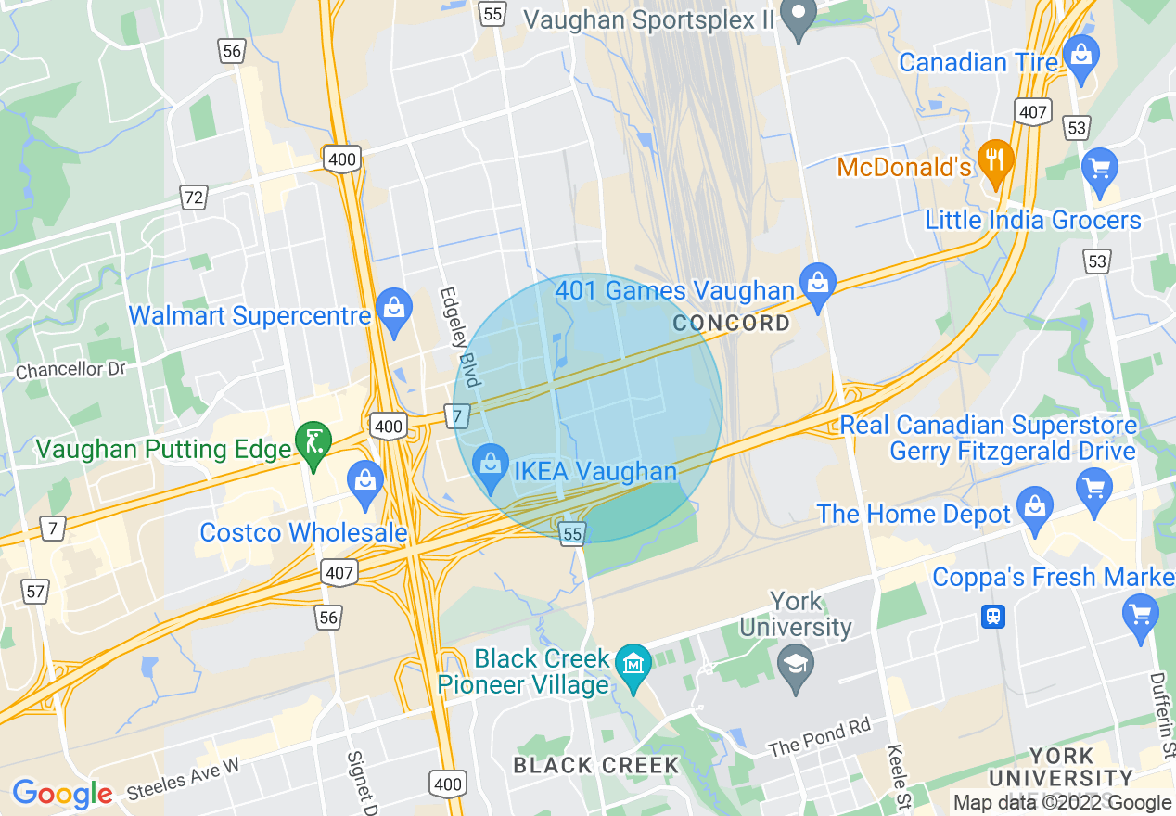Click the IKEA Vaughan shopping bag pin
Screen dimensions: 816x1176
[x=490, y=462]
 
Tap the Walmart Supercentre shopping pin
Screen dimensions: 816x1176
[x=394, y=307]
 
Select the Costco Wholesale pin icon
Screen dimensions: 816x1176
[x=365, y=481]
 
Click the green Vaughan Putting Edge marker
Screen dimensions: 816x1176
[x=313, y=440]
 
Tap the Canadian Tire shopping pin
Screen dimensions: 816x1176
[x=1080, y=55]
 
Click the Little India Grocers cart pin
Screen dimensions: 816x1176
[x=1100, y=170]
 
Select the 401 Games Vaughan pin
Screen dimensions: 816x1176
[x=818, y=282]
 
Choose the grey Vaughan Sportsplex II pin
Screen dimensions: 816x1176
[x=797, y=15]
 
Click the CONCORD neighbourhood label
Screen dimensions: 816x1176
[x=732, y=324]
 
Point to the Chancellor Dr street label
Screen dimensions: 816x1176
[x=70, y=369]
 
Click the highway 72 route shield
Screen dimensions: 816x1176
[x=193, y=197]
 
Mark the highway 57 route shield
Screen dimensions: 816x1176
[x=35, y=590]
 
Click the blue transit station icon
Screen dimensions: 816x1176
[x=993, y=615]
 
